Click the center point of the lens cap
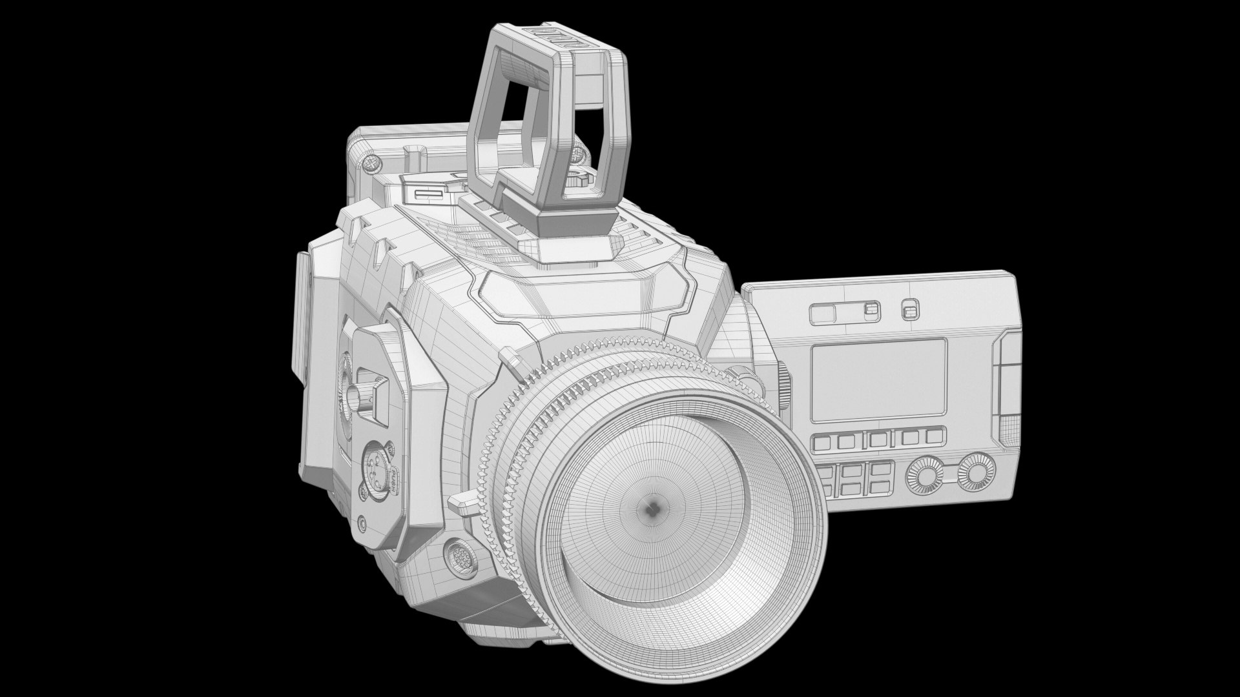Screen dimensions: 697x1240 pos(654,508)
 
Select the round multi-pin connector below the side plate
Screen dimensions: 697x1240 pos(459,554)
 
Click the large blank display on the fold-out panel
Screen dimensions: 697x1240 pos(879,377)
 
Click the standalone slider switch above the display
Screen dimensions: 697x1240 pos(909,311)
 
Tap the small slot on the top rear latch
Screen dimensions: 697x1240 pos(427,194)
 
